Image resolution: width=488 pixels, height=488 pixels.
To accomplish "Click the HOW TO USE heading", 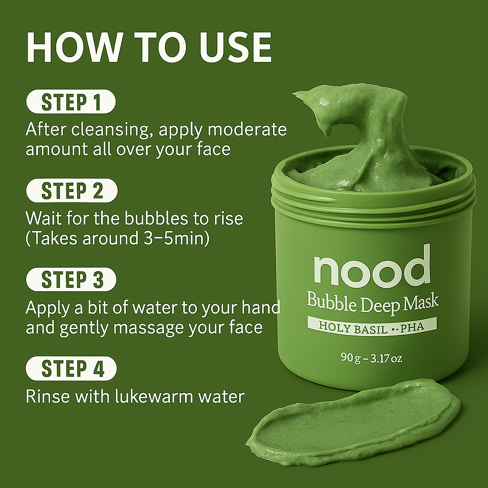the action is [x=149, y=47].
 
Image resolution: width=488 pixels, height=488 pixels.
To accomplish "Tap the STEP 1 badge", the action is [x=71, y=102].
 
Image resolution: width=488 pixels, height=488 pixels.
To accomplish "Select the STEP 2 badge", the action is [x=72, y=191].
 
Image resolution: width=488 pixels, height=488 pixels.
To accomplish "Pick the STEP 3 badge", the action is [x=71, y=279].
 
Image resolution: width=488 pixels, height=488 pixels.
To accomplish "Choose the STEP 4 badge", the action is [x=71, y=368].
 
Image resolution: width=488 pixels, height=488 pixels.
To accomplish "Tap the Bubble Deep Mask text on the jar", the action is [x=373, y=303].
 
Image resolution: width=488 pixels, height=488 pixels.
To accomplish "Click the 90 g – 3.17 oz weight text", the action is [x=371, y=358].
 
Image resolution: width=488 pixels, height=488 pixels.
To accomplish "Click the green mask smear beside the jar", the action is [x=353, y=423].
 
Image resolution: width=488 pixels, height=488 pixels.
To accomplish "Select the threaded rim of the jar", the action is [x=373, y=199].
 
